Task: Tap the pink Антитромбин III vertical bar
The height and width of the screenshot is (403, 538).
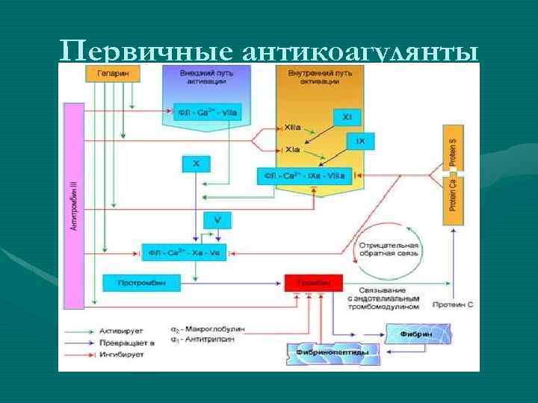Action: point(75,206)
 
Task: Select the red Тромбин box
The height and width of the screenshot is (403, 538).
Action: point(313,283)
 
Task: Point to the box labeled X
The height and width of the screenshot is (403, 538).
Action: point(196,162)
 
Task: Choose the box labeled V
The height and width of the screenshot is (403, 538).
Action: point(217,220)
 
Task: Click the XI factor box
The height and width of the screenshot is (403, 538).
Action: point(347,117)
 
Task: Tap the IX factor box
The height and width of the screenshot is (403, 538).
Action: point(360,140)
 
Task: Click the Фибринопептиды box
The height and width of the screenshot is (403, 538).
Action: point(333,351)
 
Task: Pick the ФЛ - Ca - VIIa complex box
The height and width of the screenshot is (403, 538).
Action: point(207,112)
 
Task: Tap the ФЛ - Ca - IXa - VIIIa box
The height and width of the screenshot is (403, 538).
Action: point(303,176)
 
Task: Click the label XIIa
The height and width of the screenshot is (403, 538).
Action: point(294,128)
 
